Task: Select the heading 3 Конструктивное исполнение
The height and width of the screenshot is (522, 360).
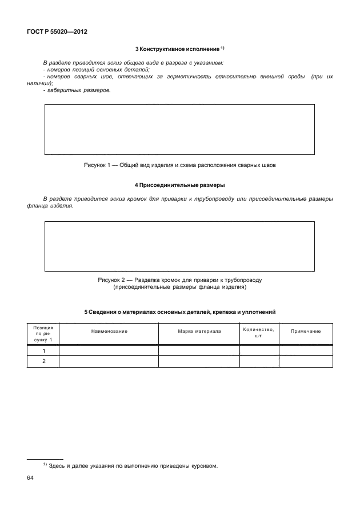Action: pyautogui.click(x=179, y=48)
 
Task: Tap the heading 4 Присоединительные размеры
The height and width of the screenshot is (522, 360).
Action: pyautogui.click(x=179, y=185)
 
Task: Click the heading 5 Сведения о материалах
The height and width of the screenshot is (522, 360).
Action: pyautogui.click(x=179, y=312)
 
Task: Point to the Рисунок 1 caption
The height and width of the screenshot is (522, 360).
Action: pyautogui.click(x=179, y=165)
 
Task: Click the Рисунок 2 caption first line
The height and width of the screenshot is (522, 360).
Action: pyautogui.click(x=179, y=280)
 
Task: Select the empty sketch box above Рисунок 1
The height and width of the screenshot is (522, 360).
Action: pyautogui.click(x=179, y=129)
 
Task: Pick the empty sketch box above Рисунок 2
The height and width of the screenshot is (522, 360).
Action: pyautogui.click(x=179, y=246)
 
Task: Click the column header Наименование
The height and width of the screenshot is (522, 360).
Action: pyautogui.click(x=108, y=332)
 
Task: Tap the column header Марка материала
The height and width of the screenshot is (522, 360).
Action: pyautogui.click(x=198, y=332)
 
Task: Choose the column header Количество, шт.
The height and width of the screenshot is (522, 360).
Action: pyautogui.click(x=258, y=332)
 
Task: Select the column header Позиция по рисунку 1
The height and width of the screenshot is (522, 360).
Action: pyautogui.click(x=43, y=332)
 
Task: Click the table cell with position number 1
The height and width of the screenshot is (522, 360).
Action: pyautogui.click(x=43, y=350)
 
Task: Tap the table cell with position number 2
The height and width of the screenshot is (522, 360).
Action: pyautogui.click(x=43, y=361)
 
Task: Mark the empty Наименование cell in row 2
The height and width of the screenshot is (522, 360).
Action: pyautogui.click(x=108, y=361)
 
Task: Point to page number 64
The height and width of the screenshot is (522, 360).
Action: pyautogui.click(x=31, y=477)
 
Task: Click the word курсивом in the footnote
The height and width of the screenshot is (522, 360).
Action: pyautogui.click(x=205, y=465)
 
